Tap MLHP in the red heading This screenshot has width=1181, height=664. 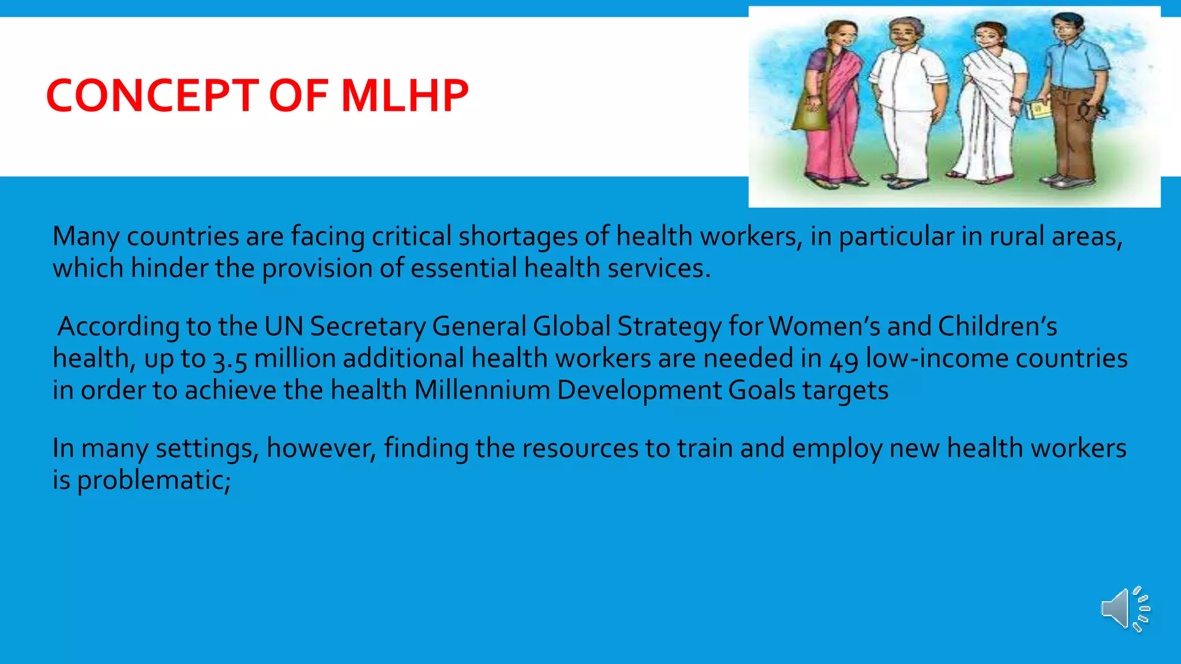[x=405, y=96]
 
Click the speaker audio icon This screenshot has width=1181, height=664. [x=1124, y=609]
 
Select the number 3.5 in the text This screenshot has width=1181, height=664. [x=230, y=359]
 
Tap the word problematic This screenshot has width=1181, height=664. [x=153, y=480]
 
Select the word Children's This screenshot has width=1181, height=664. [x=998, y=327]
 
